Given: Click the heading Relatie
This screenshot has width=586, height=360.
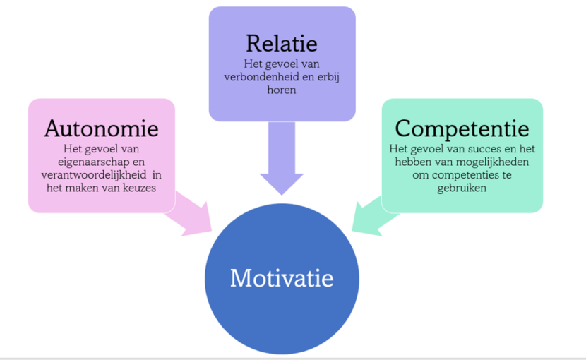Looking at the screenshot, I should (x=282, y=43).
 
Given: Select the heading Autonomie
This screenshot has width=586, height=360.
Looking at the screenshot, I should (x=101, y=128).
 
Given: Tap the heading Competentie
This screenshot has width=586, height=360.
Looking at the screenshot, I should (x=462, y=128).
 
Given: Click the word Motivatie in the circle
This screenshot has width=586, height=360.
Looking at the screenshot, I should (x=282, y=277).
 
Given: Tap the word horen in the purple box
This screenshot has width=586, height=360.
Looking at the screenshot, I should (x=282, y=91).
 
